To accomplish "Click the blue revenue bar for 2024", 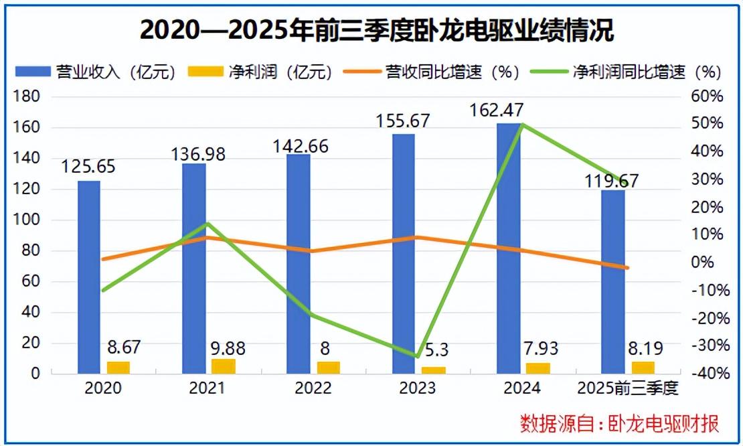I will point(508,248).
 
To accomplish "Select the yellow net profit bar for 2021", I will point(224,366).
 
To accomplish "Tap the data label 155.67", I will point(403,121).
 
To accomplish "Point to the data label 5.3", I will point(432,350).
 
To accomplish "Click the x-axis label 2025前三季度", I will point(627,388).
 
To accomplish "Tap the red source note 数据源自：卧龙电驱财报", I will point(620,423).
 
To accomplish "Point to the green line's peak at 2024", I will point(521,125).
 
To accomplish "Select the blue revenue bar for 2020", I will point(89,277).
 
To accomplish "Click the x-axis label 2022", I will point(313,388).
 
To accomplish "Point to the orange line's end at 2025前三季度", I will point(627,268).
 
